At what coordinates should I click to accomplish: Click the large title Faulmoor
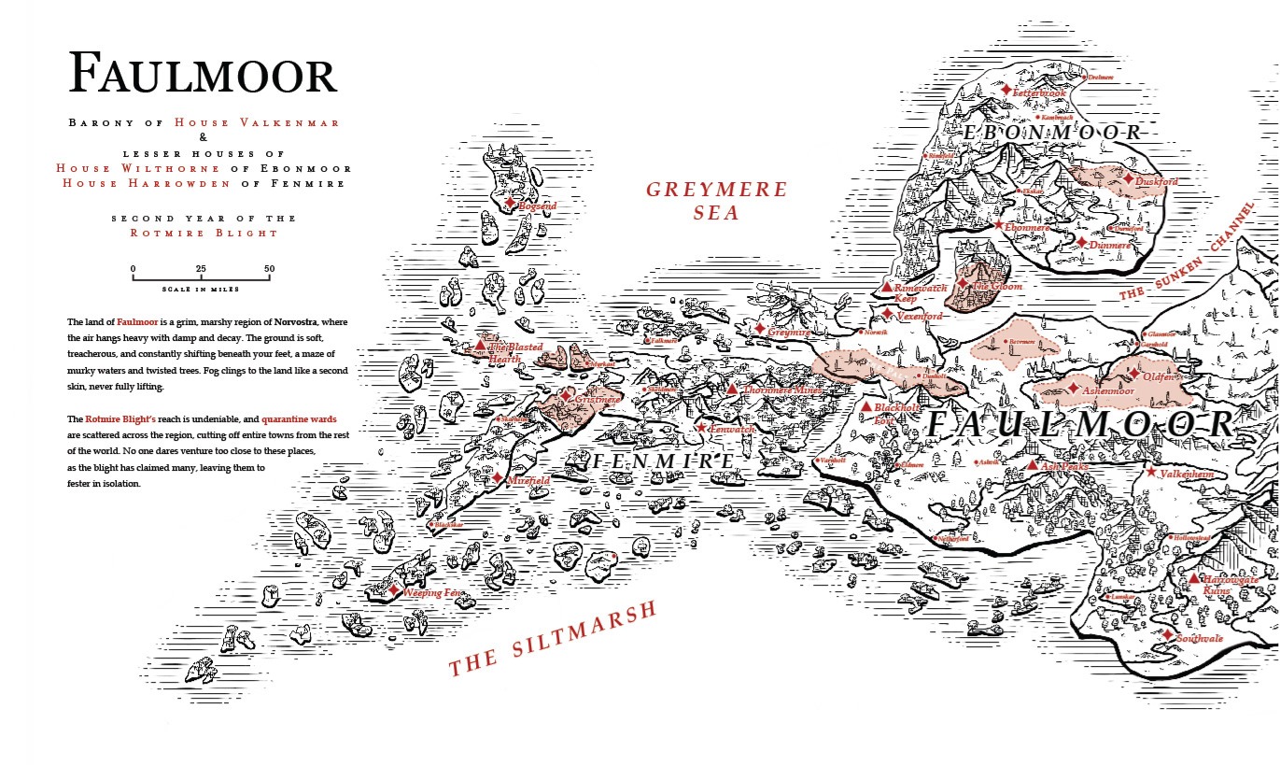(x=202, y=73)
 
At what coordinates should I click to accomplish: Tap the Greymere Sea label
(x=705, y=201)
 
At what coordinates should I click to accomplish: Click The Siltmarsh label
(x=553, y=640)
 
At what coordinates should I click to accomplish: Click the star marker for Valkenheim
(x=1151, y=473)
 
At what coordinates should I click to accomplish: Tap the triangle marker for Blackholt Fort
(x=866, y=408)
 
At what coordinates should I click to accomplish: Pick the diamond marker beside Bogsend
(x=510, y=203)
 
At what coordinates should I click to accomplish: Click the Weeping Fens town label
(x=432, y=592)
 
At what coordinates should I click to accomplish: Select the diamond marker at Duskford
(x=1128, y=178)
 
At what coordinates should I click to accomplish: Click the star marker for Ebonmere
(x=998, y=225)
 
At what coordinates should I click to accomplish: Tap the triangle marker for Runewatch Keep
(x=887, y=287)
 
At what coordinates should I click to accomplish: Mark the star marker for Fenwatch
(x=701, y=428)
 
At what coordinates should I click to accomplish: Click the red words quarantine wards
(x=299, y=419)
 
